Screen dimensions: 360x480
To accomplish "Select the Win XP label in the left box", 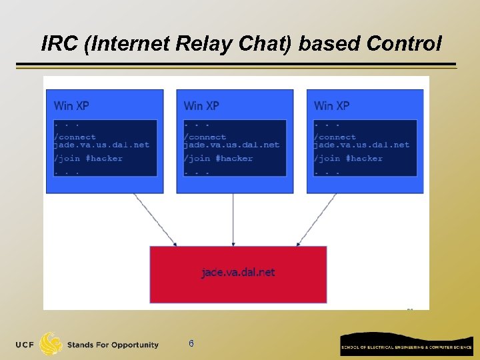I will pyautogui.click(x=71, y=105).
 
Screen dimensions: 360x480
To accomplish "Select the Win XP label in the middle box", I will pyautogui.click(x=201, y=105).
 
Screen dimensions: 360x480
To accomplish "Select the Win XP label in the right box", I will pyautogui.click(x=331, y=105).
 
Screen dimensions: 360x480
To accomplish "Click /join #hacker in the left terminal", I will pyautogui.click(x=88, y=159).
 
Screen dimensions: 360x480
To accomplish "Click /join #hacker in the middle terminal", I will pyautogui.click(x=218, y=159).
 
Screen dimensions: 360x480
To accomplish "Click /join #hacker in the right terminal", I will pyautogui.click(x=348, y=159).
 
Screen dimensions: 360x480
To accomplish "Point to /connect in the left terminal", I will pyautogui.click(x=75, y=137).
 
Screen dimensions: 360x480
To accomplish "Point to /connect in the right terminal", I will pyautogui.click(x=335, y=137).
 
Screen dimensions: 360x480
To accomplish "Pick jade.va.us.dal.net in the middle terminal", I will pyautogui.click(x=232, y=145).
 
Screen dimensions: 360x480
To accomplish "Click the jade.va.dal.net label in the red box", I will pyautogui.click(x=238, y=272).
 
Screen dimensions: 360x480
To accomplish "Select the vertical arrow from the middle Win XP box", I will pyautogui.click(x=233, y=220).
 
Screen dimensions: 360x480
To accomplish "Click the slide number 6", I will pyautogui.click(x=191, y=344).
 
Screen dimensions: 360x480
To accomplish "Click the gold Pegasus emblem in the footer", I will pyautogui.click(x=51, y=344).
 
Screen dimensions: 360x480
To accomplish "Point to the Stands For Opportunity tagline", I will pyautogui.click(x=113, y=345).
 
